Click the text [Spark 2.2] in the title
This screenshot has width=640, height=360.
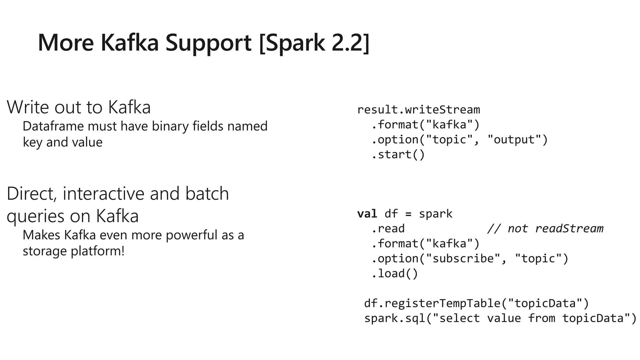click(314, 43)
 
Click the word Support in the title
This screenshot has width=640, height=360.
click(208, 43)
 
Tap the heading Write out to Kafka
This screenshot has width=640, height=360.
click(79, 107)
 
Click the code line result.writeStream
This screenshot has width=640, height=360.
click(418, 110)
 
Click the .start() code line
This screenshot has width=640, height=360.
click(398, 154)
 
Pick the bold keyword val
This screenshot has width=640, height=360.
click(367, 214)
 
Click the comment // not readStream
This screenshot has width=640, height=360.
click(545, 229)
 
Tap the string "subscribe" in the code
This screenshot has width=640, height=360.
click(461, 259)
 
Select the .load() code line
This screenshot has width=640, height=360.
click(395, 273)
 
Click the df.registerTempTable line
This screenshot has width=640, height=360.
click(476, 303)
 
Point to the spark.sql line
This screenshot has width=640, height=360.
click(500, 318)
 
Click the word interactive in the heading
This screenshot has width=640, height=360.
click(103, 193)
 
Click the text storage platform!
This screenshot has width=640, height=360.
click(74, 251)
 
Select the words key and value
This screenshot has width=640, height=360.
click(62, 142)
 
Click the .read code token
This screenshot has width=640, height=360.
click(388, 229)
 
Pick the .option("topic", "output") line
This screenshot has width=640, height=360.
click(459, 140)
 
